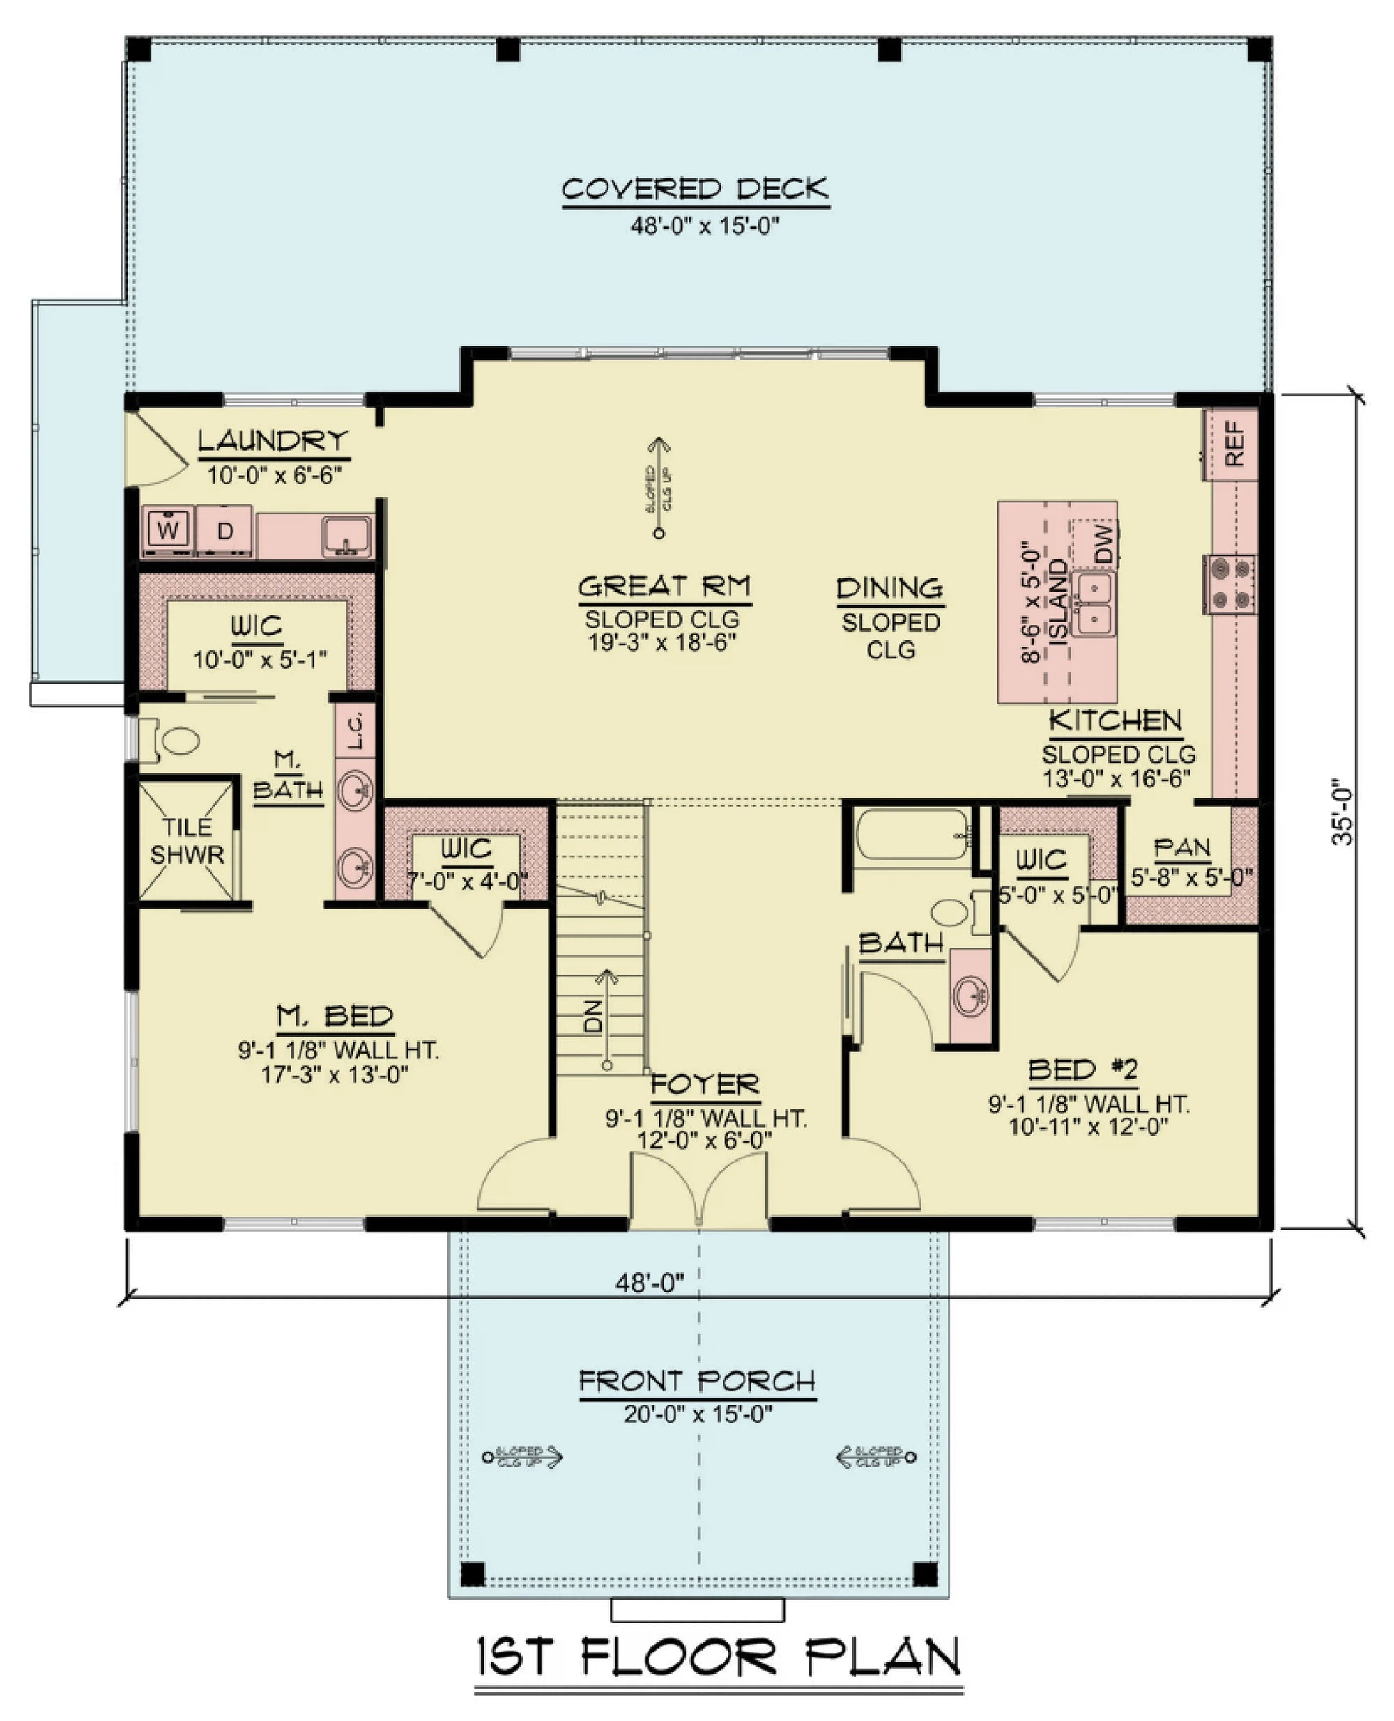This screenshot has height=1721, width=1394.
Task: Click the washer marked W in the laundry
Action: tap(168, 530)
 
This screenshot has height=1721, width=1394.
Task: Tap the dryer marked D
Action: tap(226, 530)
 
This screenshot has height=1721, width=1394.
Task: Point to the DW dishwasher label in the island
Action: tap(1105, 543)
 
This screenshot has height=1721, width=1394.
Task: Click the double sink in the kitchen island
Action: tap(1094, 603)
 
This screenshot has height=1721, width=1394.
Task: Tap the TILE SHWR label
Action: tap(187, 840)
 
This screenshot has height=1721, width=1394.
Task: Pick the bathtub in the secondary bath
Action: tap(913, 835)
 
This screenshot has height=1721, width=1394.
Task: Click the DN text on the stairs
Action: tap(592, 1015)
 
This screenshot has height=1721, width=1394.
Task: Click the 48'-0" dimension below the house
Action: tap(650, 1283)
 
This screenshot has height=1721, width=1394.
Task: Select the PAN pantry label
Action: tap(1181, 848)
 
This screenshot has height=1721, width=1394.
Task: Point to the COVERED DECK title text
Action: tap(695, 190)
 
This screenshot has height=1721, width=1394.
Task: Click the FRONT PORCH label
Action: tap(697, 1381)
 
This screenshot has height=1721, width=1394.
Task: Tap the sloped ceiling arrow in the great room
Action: tap(659, 486)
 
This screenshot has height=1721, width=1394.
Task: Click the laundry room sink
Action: tap(347, 533)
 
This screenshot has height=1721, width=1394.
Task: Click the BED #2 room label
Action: tap(1082, 1070)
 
